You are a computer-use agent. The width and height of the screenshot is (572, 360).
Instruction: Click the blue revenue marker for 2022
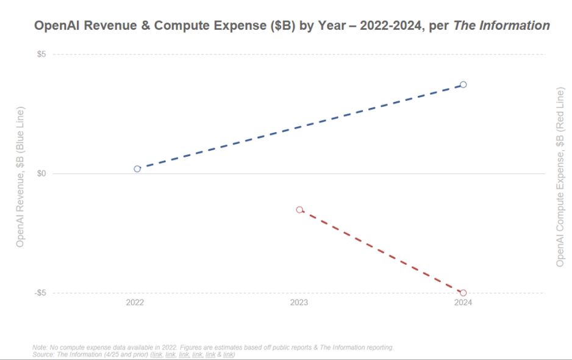[137, 168]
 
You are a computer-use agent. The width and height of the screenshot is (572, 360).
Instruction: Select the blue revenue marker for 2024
[463, 84]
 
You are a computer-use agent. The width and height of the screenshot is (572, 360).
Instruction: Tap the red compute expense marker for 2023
[299, 209]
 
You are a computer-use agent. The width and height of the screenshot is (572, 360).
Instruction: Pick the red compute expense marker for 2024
[463, 293]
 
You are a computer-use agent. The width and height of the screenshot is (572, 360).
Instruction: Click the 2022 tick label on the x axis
[135, 303]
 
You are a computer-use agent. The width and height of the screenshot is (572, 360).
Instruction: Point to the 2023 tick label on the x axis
[299, 303]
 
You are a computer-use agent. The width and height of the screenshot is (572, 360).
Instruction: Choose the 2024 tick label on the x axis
[463, 303]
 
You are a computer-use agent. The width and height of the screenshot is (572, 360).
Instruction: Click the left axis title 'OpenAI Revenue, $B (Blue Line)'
[20, 177]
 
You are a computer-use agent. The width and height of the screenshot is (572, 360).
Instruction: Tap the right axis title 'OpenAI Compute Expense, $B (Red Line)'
[560, 177]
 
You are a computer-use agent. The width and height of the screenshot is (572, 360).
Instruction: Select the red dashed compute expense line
[381, 251]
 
